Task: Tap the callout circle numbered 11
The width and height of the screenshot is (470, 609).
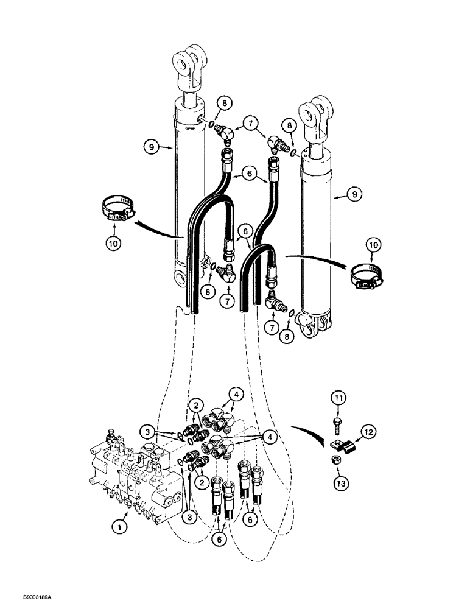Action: [338, 400]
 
